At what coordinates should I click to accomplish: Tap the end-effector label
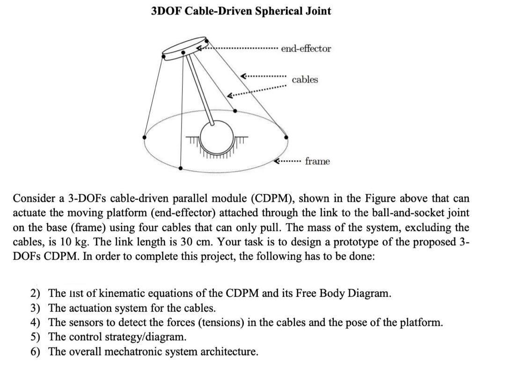tap(306, 49)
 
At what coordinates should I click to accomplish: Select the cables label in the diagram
tap(305, 80)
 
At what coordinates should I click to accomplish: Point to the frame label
tap(317, 161)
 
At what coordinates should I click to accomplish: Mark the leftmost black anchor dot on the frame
tap(145, 137)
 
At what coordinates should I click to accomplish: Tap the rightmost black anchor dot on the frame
tap(286, 137)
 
